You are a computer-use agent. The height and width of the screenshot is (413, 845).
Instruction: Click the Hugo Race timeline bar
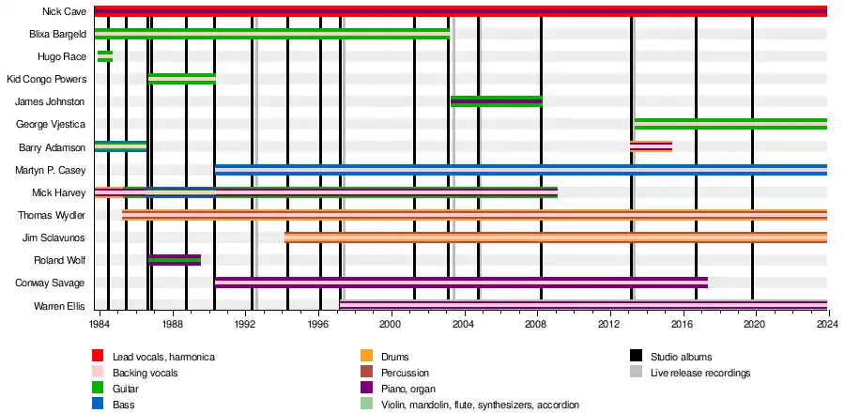(105, 56)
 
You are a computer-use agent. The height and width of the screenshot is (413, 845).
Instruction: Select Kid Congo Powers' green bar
(182, 79)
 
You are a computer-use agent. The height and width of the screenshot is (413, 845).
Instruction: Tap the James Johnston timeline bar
(496, 101)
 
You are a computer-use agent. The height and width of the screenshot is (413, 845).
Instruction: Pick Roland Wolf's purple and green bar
(175, 260)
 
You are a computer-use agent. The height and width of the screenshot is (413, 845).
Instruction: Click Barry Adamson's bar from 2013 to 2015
(651, 146)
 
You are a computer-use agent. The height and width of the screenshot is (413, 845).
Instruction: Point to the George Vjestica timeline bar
(730, 124)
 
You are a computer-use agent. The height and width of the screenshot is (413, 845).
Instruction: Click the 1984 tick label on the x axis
(99, 324)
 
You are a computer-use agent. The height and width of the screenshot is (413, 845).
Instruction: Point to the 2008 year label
(535, 324)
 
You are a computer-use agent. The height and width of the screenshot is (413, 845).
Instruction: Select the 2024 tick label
(827, 324)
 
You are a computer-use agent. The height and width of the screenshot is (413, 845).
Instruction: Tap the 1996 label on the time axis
(317, 324)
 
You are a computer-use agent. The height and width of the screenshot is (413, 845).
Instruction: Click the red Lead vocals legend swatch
(98, 357)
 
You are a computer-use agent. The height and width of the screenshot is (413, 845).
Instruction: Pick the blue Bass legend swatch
(98, 405)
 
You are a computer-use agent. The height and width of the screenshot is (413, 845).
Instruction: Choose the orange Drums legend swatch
(367, 357)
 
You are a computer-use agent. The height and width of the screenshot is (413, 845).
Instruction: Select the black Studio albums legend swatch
(636, 357)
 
